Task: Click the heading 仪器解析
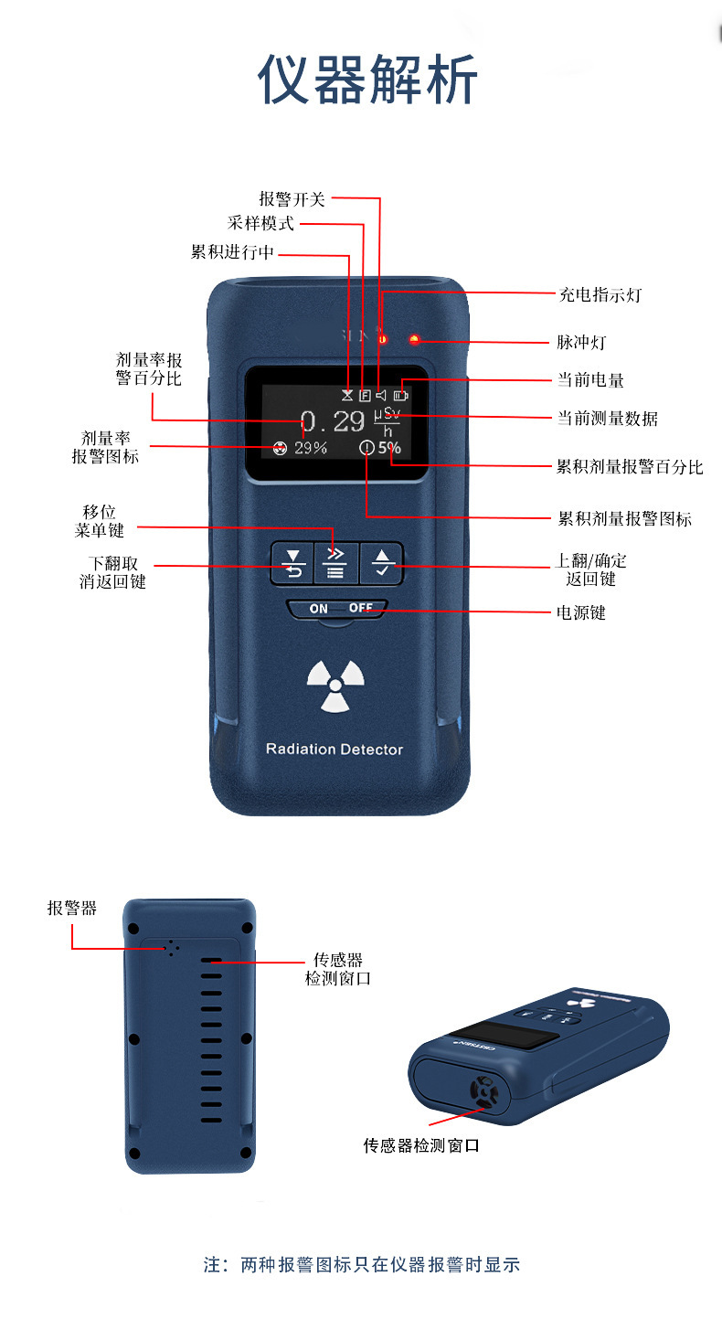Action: [367, 80]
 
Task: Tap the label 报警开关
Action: [292, 198]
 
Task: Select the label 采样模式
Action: [260, 224]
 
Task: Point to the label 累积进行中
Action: [232, 252]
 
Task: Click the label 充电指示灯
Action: [600, 294]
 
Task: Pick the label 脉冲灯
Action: [581, 343]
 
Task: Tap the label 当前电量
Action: [590, 379]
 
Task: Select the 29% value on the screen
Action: [311, 448]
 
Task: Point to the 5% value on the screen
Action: [390, 448]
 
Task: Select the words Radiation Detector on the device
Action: [334, 750]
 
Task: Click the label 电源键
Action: [581, 612]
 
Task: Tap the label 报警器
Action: [72, 908]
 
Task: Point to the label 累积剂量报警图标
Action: [625, 519]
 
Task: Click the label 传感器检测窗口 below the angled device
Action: [421, 1145]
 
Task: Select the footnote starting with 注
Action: [361, 1265]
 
